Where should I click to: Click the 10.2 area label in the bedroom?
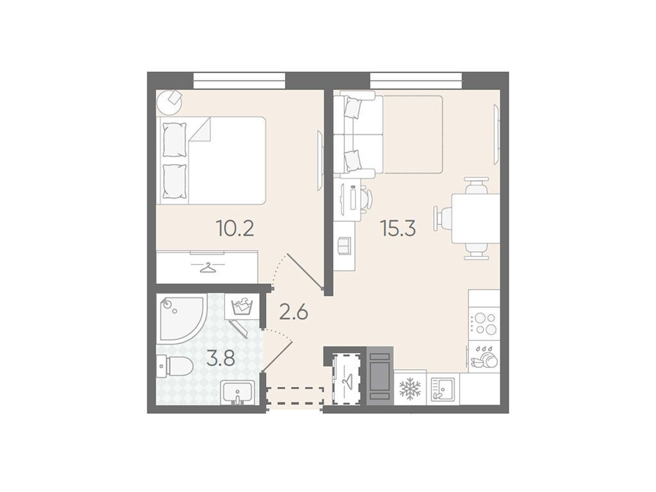[x=234, y=229]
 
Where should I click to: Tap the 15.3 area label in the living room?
[x=397, y=229]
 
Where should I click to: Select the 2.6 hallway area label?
[x=293, y=312]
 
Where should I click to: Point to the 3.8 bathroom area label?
[x=221, y=359]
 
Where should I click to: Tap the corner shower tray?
[x=180, y=318]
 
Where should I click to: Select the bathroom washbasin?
[x=238, y=393]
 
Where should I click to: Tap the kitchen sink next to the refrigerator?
[x=443, y=389]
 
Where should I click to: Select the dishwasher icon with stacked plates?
[x=484, y=357]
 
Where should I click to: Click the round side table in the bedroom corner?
[x=169, y=102]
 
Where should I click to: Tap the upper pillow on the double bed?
[x=174, y=139]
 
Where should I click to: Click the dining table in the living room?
[x=476, y=218]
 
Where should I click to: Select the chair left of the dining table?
[x=443, y=218]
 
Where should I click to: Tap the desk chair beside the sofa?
[x=366, y=200]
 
